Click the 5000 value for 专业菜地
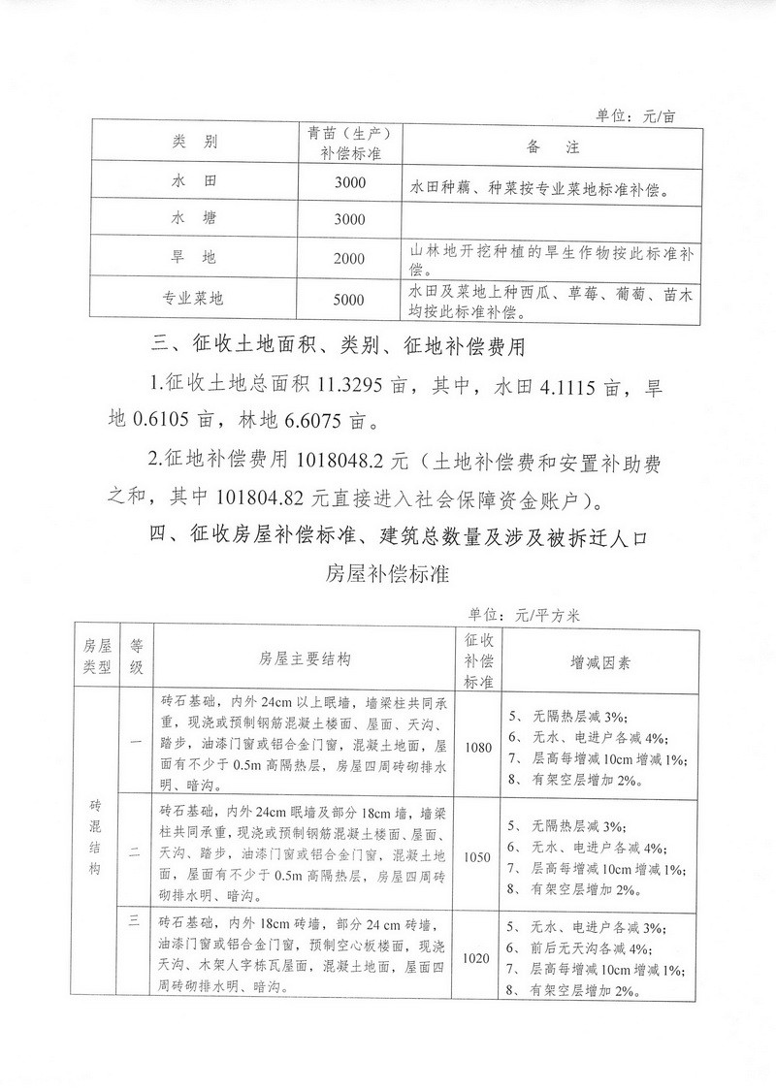(x=348, y=299)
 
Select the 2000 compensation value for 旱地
(x=348, y=258)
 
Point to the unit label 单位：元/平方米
(x=524, y=613)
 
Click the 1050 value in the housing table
(x=478, y=857)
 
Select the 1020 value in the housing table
(x=478, y=957)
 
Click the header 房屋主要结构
(x=305, y=659)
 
